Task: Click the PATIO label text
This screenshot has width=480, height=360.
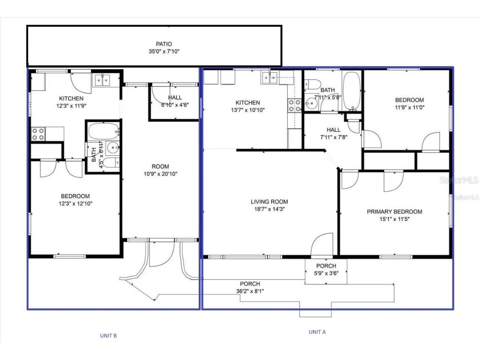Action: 164,44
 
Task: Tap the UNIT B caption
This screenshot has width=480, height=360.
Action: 108,335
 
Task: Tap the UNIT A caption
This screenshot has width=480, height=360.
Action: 317,332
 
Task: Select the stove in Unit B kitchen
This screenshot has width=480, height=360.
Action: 38,134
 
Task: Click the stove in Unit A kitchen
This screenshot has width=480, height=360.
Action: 294,105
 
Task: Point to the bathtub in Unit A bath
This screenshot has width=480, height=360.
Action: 351,91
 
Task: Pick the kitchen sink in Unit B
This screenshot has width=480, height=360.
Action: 102,79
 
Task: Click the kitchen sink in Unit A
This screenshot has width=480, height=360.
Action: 269,77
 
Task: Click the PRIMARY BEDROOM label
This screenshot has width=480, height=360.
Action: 394,212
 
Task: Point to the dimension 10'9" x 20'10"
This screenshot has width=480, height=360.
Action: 160,174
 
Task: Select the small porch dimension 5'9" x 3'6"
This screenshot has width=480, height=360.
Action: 326,273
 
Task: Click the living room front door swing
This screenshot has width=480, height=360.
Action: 321,245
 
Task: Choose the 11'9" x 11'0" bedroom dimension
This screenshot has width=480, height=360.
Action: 409,108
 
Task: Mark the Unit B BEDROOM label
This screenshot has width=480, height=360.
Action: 75,196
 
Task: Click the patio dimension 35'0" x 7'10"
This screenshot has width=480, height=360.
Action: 164,51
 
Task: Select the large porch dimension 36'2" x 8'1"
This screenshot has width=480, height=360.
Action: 250,291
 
